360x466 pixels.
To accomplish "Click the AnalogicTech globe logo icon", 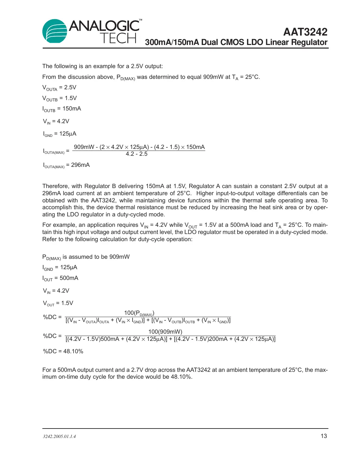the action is pyautogui.click(x=55, y=31).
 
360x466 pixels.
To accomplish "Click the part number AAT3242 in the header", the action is pyautogui.click(x=305, y=32).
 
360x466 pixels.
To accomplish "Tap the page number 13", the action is pyautogui.click(x=324, y=436).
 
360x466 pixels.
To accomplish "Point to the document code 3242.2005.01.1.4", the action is pyautogui.click(x=59, y=436).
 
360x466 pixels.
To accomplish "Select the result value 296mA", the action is pyautogui.click(x=80, y=165).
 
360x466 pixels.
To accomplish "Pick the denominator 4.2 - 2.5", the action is pyautogui.click(x=137, y=154).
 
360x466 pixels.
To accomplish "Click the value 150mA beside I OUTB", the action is pyautogui.click(x=72, y=109).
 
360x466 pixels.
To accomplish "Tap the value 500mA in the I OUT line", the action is pyautogui.click(x=69, y=278).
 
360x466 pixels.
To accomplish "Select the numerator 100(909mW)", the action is pyautogui.click(x=165, y=332).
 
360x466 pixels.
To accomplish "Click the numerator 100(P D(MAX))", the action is pyautogui.click(x=139, y=313).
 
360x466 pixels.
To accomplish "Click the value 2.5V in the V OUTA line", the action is pyautogui.click(x=70, y=87).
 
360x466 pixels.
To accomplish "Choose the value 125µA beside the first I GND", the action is pyautogui.click(x=68, y=134).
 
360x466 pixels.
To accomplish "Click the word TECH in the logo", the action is pyautogui.click(x=118, y=38).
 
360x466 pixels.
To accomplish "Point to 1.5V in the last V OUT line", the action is pyautogui.click(x=67, y=303).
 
